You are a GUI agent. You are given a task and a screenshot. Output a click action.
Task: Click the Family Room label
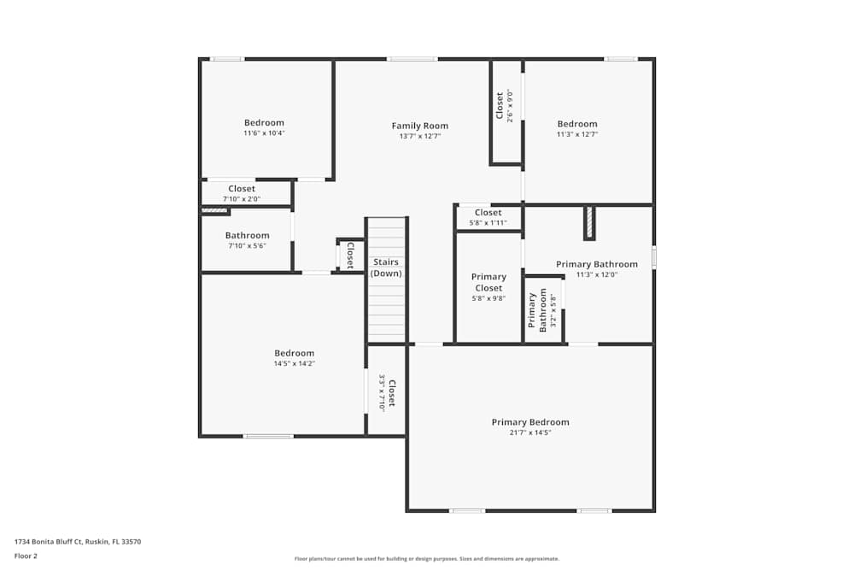click(419, 126)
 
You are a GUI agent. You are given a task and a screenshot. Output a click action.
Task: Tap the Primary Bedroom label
click(529, 422)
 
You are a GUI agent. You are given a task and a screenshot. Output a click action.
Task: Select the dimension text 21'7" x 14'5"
click(529, 433)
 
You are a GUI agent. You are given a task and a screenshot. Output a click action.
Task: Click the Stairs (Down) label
click(386, 267)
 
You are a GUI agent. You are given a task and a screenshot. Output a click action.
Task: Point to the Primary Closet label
click(488, 282)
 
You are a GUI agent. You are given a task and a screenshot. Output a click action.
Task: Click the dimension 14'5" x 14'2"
click(294, 364)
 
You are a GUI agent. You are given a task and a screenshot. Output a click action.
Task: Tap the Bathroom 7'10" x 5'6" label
click(247, 236)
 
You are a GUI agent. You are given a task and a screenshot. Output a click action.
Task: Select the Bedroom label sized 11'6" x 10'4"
click(264, 123)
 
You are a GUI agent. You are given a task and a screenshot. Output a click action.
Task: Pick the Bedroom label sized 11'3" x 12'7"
click(577, 124)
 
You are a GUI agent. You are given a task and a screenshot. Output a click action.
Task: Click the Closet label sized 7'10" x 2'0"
click(242, 189)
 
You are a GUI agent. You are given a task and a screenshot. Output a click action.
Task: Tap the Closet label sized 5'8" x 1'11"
click(488, 213)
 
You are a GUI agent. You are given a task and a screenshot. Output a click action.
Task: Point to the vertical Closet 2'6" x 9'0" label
click(500, 106)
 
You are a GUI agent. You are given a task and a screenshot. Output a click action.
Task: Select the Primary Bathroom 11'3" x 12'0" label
click(596, 264)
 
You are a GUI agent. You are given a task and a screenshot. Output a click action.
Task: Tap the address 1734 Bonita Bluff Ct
click(77, 541)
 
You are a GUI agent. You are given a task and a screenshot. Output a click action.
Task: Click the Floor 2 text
click(26, 555)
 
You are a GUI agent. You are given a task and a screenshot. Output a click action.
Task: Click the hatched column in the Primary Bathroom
click(589, 223)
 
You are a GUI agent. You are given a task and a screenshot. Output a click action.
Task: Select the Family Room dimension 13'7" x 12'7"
click(419, 137)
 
